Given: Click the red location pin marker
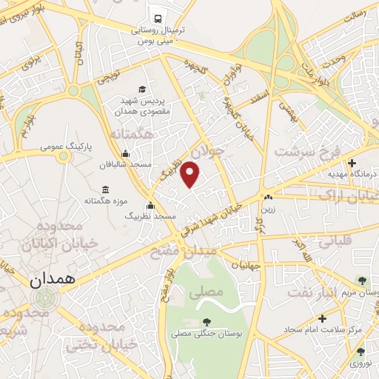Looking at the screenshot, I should click(x=191, y=175).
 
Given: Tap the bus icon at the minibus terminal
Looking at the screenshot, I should click(x=157, y=19).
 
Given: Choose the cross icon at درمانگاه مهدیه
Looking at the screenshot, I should click(x=352, y=162).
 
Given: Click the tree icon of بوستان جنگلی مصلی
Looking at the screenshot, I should click(x=207, y=321).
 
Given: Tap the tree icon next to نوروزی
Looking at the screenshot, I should click(x=360, y=352).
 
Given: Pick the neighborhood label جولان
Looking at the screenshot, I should click(x=205, y=155).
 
